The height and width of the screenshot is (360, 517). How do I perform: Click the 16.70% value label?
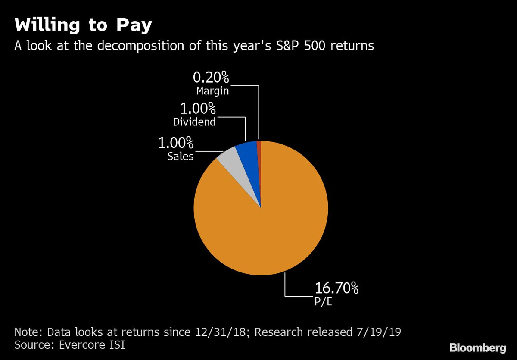click(x=336, y=288)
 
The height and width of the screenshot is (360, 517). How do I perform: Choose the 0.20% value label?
click(x=211, y=78)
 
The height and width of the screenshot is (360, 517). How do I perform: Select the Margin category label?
click(x=212, y=91)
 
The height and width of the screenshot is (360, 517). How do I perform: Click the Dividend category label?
click(x=194, y=122)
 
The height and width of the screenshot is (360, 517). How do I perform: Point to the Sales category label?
click(x=181, y=156)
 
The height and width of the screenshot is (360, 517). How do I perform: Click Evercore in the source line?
click(x=84, y=345)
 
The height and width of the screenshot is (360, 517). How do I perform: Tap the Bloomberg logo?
click(x=478, y=348)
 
